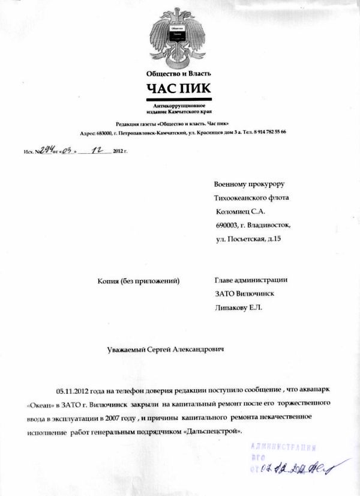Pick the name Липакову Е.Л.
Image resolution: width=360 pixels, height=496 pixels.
point(238,308)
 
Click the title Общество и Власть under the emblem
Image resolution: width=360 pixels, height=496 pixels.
point(179,74)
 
